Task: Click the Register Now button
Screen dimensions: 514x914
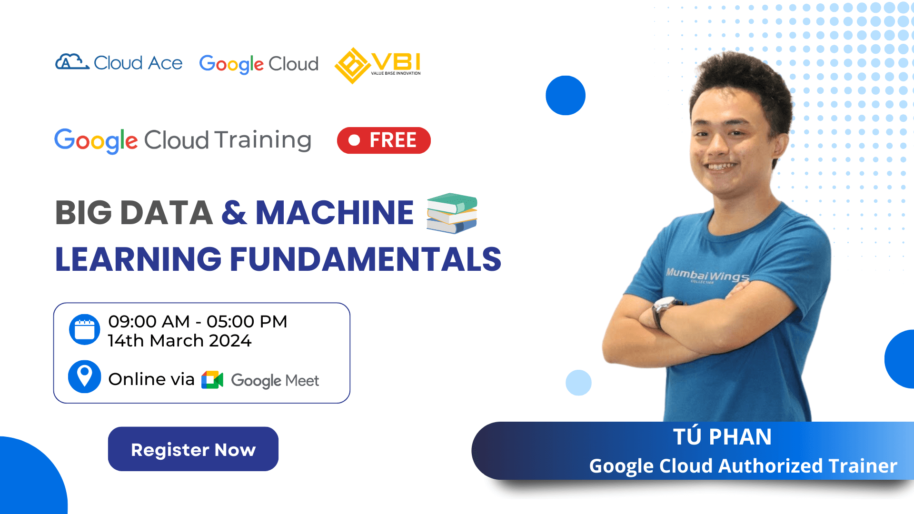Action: tap(193, 449)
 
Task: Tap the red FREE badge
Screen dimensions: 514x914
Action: tap(384, 140)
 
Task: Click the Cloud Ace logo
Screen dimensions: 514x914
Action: tap(119, 63)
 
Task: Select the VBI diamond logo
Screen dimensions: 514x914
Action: tap(352, 65)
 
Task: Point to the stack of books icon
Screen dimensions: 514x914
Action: tap(451, 213)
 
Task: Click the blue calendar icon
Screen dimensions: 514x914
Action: tap(85, 329)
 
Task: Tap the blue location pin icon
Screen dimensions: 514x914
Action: tap(85, 376)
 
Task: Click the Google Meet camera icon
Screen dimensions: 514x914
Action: tap(212, 380)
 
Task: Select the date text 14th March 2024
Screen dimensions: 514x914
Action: tap(179, 341)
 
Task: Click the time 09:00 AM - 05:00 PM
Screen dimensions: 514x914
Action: tap(198, 322)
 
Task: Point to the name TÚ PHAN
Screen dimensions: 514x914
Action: tap(722, 437)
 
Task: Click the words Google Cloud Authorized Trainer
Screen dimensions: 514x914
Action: tap(743, 466)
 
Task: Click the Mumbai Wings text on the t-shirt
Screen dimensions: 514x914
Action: tap(707, 276)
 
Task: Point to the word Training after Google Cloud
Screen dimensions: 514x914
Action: tap(263, 140)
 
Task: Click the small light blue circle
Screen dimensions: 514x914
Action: tap(578, 383)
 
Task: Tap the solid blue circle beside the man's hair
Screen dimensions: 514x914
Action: tap(566, 95)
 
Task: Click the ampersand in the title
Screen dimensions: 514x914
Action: tap(234, 213)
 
